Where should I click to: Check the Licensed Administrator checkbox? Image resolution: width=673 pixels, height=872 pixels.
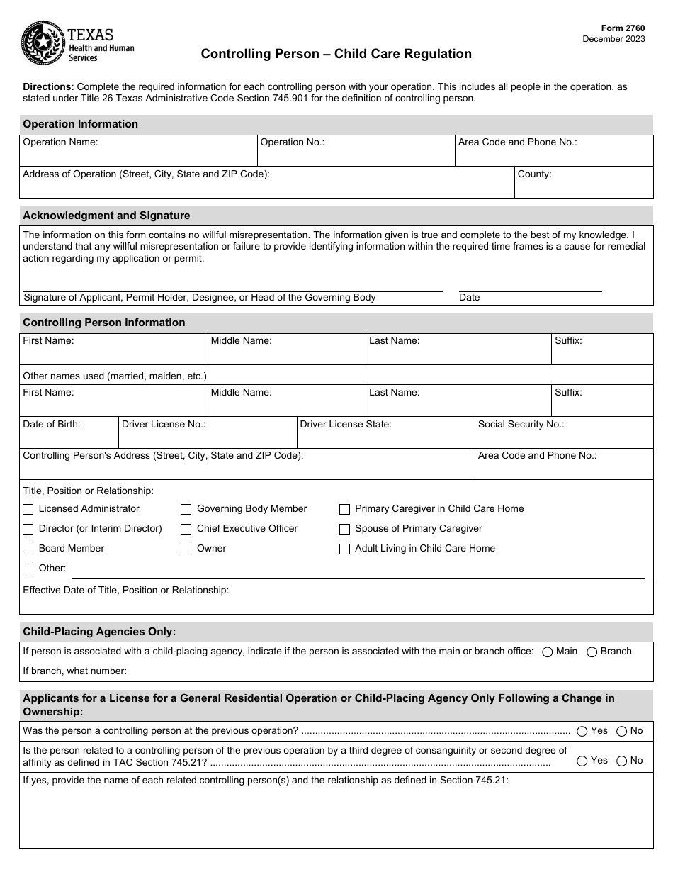tap(28, 509)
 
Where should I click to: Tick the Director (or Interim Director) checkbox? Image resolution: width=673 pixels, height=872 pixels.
tap(28, 529)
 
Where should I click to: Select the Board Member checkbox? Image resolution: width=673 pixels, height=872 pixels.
tap(28, 549)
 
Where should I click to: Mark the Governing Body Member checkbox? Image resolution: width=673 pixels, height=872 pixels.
tap(186, 509)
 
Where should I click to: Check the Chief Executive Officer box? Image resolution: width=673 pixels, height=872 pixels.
tap(186, 529)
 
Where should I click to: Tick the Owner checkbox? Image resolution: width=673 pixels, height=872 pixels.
tap(186, 549)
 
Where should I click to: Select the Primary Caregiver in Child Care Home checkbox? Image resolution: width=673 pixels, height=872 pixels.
tap(344, 509)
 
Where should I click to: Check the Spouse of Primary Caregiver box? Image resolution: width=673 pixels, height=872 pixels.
tap(344, 529)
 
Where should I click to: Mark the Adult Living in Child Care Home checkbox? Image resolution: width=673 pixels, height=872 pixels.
tap(344, 549)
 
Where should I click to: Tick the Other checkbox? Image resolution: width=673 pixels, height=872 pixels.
tap(28, 569)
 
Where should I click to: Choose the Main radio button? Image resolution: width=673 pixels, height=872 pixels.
tap(547, 652)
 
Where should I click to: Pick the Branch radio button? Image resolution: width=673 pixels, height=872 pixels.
tap(592, 652)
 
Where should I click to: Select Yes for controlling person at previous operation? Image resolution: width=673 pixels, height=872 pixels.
tap(582, 731)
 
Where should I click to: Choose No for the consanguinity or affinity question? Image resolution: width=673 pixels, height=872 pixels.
tap(621, 761)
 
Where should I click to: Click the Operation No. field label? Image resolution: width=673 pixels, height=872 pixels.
tap(292, 142)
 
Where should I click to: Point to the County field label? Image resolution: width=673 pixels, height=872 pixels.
tap(534, 174)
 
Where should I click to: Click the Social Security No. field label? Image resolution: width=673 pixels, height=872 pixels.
tap(521, 424)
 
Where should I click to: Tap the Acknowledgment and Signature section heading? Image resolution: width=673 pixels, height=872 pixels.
tap(106, 216)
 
